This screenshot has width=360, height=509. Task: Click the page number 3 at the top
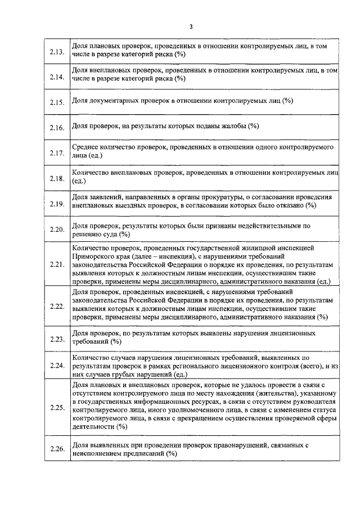coord(191,26)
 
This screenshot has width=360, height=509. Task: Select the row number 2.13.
coord(57,53)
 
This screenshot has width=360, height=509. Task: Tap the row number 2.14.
coord(57,78)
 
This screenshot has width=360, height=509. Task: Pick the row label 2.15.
coord(57,103)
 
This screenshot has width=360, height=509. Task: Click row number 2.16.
coord(57,128)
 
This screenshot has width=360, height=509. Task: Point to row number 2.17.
coord(57,154)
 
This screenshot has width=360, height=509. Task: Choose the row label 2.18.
coord(57,179)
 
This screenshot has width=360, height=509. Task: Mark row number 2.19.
coord(57,204)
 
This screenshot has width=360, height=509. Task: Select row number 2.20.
coord(57,230)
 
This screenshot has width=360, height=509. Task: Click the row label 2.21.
coord(57,264)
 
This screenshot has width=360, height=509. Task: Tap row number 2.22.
coord(57,307)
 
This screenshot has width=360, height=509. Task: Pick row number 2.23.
coord(57,340)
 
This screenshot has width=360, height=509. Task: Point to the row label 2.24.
coord(57,366)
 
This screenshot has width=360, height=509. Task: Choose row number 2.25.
coord(57,407)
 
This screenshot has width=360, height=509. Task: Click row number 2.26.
coord(57,449)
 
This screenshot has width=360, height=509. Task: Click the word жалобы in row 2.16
coord(231,125)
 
